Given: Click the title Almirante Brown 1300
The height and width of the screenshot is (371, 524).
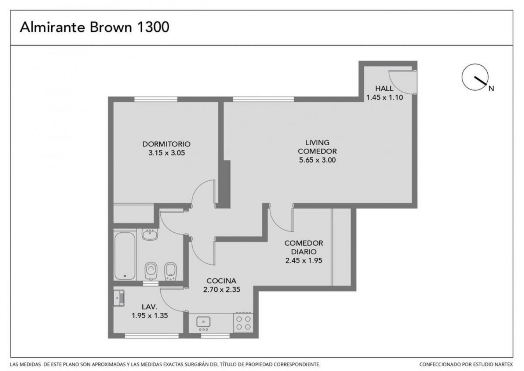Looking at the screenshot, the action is (94, 27).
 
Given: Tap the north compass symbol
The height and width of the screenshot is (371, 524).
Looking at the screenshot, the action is (475, 77).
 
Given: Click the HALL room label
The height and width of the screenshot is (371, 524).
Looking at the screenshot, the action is (384, 88).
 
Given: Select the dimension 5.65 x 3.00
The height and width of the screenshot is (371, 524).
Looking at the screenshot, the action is (317, 160).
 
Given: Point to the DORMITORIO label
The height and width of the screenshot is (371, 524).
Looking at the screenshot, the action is (166, 144).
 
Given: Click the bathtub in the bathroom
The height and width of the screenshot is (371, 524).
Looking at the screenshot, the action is (125, 255).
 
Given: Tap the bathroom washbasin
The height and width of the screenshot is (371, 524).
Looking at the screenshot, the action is (150, 234).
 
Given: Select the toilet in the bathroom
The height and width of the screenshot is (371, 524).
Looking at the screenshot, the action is (151, 271).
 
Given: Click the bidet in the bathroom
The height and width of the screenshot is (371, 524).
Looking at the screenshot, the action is (170, 271).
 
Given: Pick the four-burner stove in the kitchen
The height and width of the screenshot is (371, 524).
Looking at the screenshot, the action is (243, 323).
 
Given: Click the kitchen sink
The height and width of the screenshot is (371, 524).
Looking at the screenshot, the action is (203, 322).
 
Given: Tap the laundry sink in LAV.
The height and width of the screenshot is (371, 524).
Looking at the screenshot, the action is (119, 298).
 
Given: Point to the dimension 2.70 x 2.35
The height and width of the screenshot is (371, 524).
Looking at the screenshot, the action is (221, 290).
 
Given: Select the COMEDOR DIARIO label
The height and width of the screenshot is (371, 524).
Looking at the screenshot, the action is (304, 247).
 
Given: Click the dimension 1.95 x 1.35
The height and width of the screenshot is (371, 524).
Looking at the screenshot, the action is (150, 316).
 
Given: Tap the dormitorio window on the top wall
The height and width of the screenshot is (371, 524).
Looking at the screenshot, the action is (156, 99).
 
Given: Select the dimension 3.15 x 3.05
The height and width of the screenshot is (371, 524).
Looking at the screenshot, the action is (166, 153).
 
